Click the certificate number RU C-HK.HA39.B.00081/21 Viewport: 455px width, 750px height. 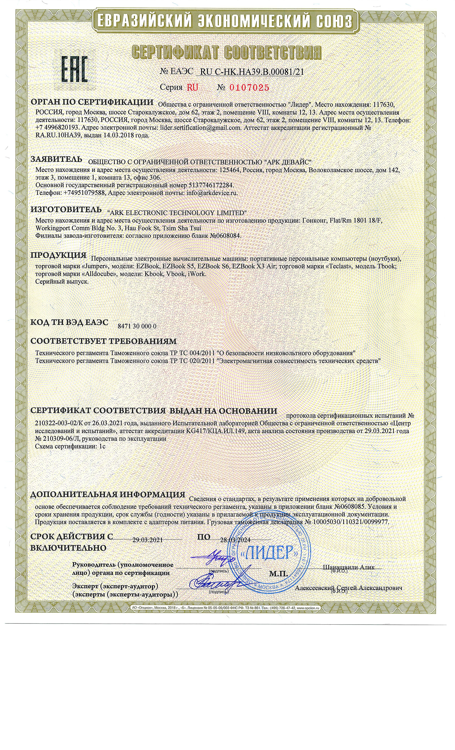pyautogui.click(x=252, y=72)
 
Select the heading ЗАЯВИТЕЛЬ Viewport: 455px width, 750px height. pyautogui.click(x=56, y=159)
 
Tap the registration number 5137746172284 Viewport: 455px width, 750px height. pyautogui.click(x=212, y=185)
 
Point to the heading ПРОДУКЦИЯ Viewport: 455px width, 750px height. pyautogui.click(x=58, y=255)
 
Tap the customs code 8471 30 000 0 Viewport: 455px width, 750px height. pyautogui.click(x=137, y=326)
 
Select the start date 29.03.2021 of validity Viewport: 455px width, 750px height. pyautogui.click(x=148, y=540)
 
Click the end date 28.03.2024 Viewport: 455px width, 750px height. pyautogui.click(x=235, y=540)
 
